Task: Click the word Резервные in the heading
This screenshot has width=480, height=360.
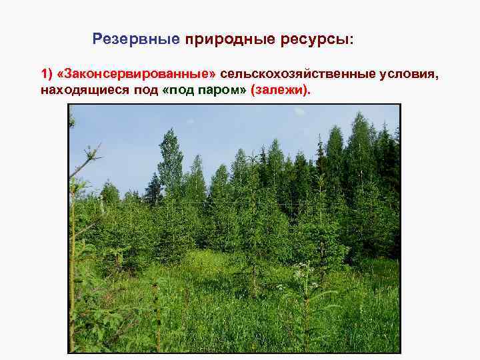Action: point(136,39)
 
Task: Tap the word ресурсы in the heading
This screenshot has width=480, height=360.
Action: point(310,39)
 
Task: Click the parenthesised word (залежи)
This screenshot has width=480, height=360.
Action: point(281,89)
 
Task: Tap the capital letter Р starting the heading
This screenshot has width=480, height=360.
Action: point(97,39)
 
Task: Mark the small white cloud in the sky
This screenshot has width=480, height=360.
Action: point(301,111)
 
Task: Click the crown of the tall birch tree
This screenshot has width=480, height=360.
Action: point(171,150)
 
